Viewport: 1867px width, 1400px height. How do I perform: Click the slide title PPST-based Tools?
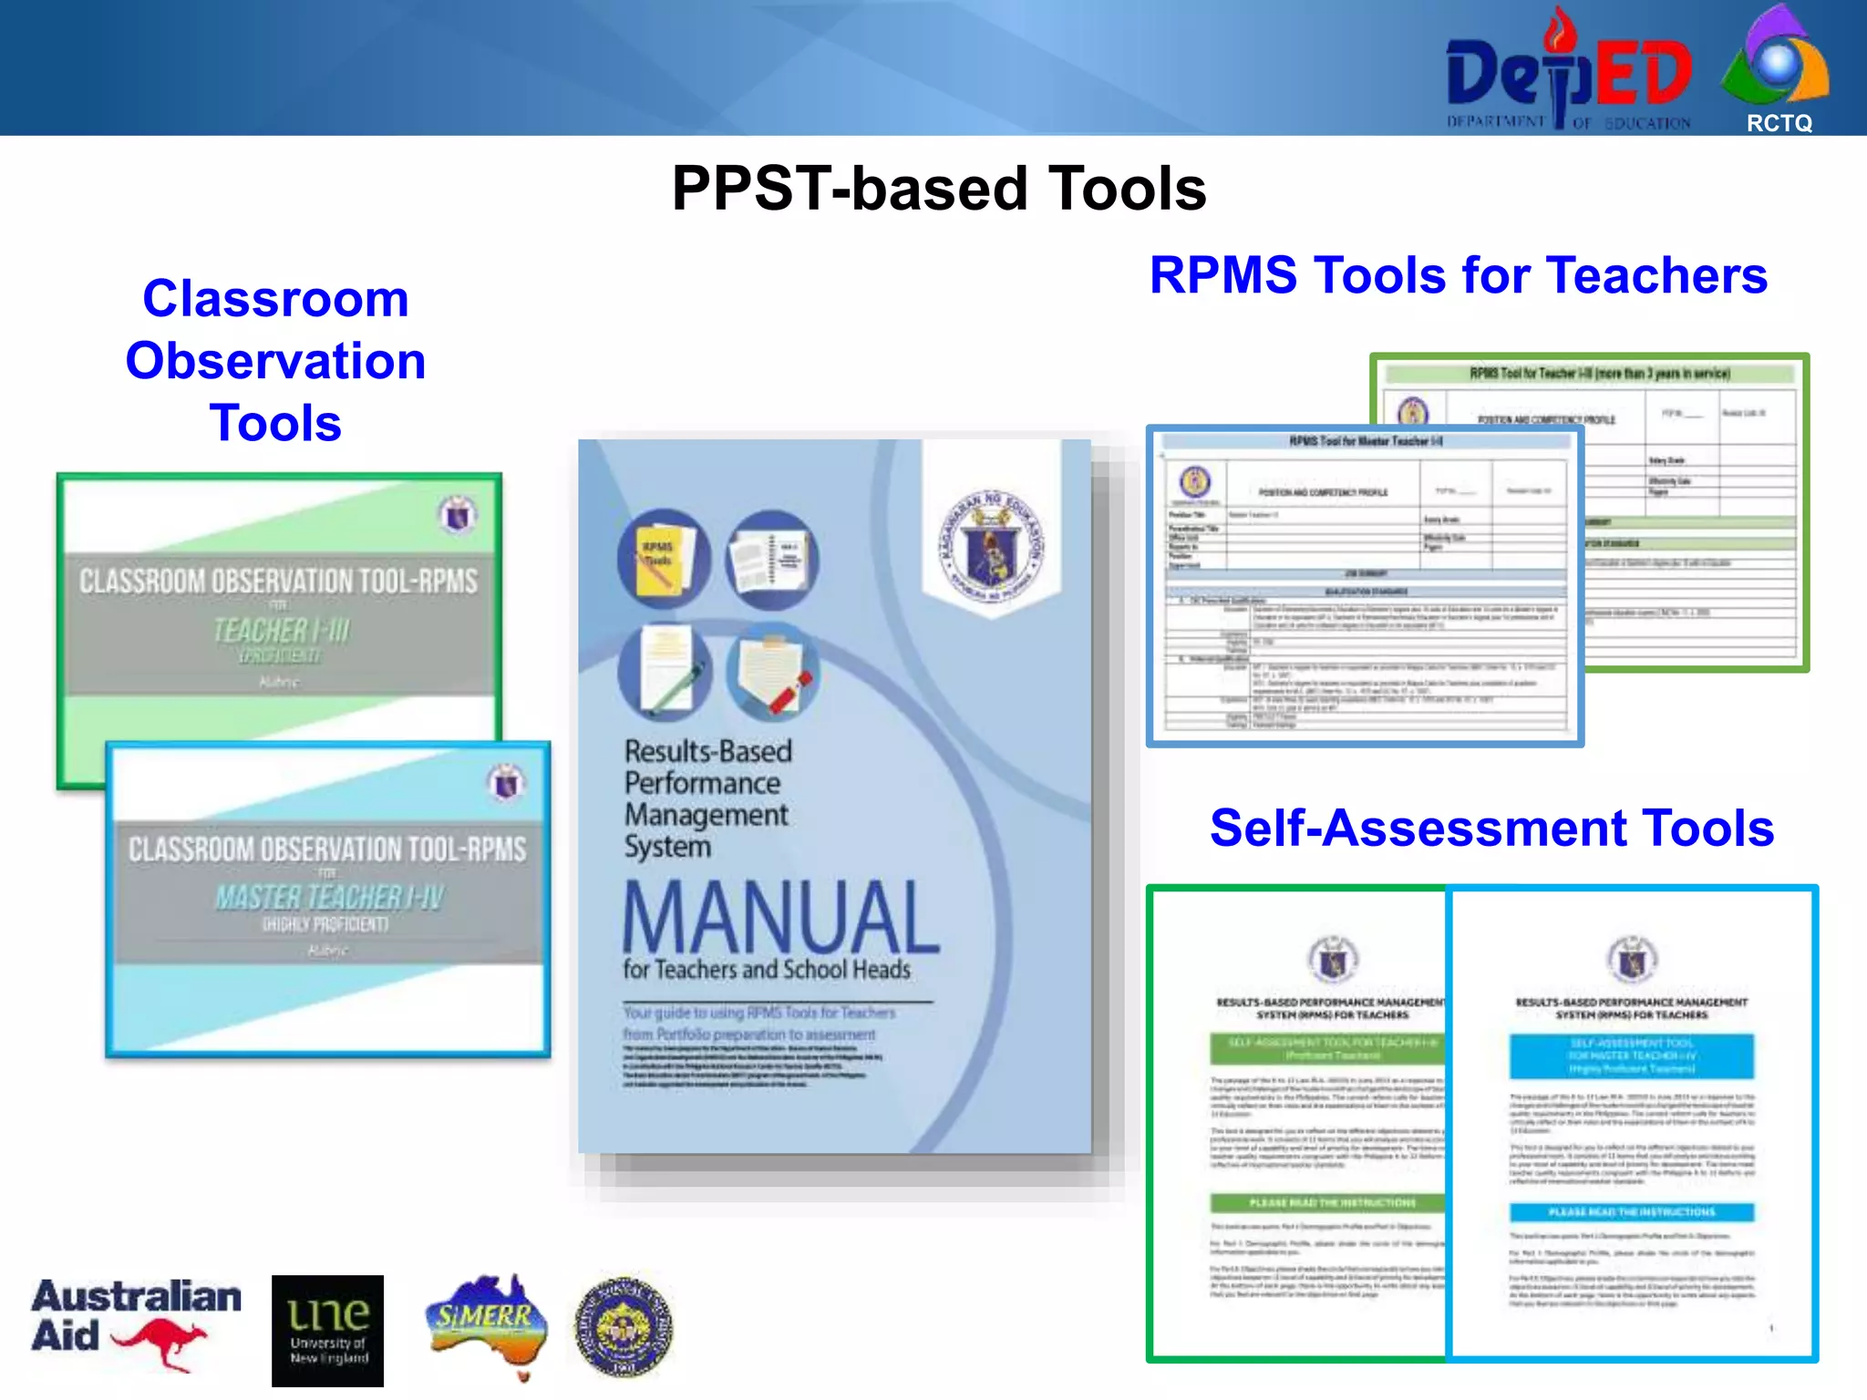pyautogui.click(x=939, y=189)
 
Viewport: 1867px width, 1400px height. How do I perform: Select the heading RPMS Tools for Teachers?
pyautogui.click(x=1458, y=275)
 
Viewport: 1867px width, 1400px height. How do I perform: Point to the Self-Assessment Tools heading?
pyautogui.click(x=1491, y=828)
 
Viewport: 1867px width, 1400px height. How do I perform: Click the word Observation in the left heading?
pyautogui.click(x=275, y=361)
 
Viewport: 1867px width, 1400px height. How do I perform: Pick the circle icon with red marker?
pyautogui.click(x=773, y=673)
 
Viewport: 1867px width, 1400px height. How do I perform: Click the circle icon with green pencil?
pyautogui.click(x=664, y=673)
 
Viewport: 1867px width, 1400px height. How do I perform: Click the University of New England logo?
pyautogui.click(x=327, y=1330)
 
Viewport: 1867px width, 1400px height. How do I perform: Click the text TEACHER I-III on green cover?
pyautogui.click(x=281, y=630)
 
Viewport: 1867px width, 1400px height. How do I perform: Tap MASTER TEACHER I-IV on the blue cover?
pyautogui.click(x=329, y=898)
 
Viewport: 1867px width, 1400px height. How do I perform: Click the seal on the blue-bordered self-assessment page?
pyautogui.click(x=1632, y=959)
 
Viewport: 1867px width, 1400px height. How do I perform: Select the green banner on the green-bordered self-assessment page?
pyautogui.click(x=1327, y=1049)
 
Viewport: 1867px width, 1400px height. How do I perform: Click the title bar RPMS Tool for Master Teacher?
pyautogui.click(x=1365, y=441)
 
